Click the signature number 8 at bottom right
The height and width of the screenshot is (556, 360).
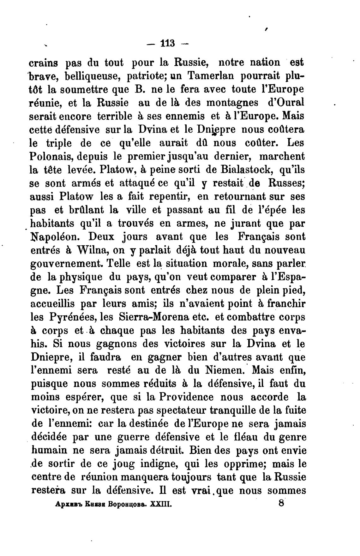tap(282, 503)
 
